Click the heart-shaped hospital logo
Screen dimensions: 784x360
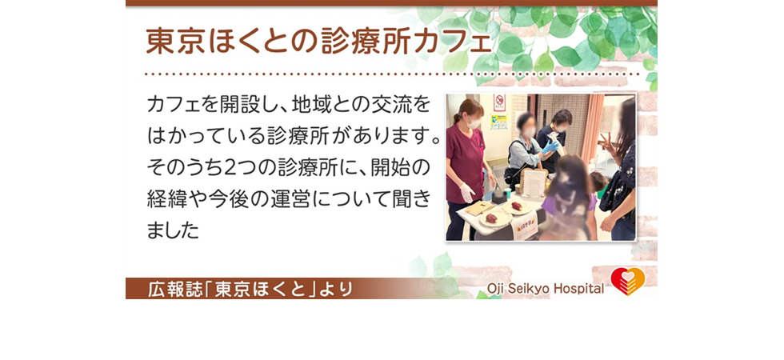[x=627, y=281]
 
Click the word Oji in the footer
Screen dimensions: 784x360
[x=496, y=289]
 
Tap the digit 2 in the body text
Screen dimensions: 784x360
[x=231, y=169]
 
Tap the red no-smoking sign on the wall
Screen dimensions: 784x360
[x=499, y=102]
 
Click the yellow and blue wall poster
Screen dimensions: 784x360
[x=499, y=122]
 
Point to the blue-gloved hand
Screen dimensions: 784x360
[x=551, y=146]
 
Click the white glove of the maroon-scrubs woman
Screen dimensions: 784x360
[x=467, y=192]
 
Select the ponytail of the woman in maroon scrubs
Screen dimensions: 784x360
[x=456, y=113]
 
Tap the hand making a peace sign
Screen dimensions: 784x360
[x=607, y=143]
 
